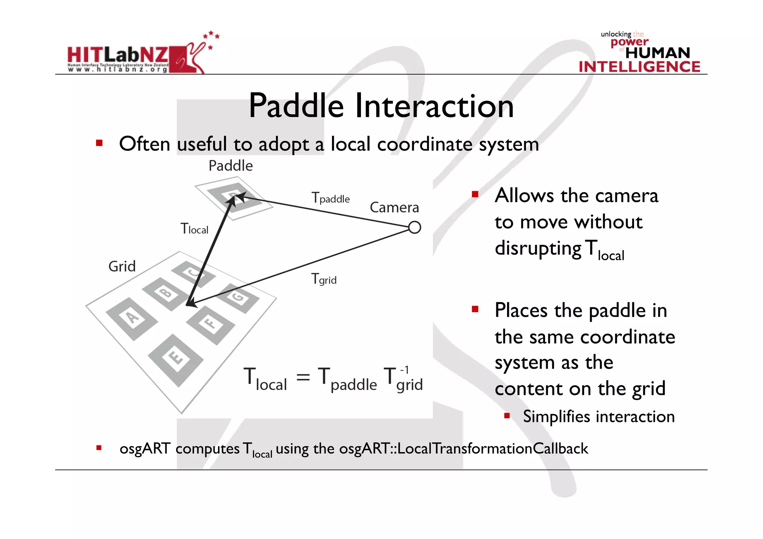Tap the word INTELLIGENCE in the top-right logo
[x=639, y=67]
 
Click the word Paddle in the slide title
[x=296, y=106]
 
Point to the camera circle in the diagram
[x=414, y=227]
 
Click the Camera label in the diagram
[x=394, y=207]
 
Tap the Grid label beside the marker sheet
[x=122, y=267]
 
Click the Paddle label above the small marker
[x=231, y=166]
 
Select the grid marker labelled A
[x=132, y=318]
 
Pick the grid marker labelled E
[x=175, y=359]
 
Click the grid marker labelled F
[x=210, y=324]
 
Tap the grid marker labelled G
[x=238, y=298]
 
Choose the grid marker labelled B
[x=165, y=294]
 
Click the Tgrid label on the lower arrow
[x=324, y=279]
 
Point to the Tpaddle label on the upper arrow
[x=330, y=198]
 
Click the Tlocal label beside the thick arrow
[x=194, y=229]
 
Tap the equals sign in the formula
[x=303, y=377]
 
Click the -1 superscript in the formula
[x=405, y=370]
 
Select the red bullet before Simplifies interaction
[x=507, y=415]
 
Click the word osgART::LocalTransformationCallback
[x=463, y=448]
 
